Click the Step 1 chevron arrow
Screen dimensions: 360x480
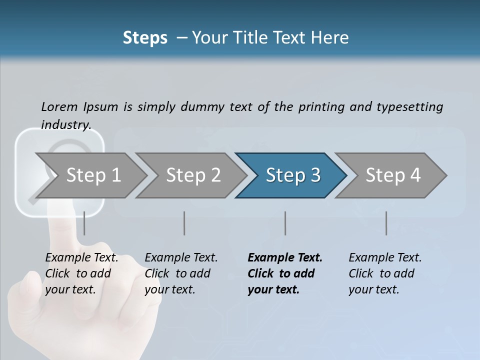92,175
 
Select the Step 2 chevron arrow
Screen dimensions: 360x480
192,175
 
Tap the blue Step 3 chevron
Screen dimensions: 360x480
292,175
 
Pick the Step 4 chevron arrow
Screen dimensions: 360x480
392,175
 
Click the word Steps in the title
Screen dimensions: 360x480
145,37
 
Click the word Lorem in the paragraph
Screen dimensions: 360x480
59,106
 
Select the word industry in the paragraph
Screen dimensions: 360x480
66,124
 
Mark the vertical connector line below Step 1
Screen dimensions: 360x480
84,223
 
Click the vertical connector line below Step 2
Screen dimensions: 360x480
184,223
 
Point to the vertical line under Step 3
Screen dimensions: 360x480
285,223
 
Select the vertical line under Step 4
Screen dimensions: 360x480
386,223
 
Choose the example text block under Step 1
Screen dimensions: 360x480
81,273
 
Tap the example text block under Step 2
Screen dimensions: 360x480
181,273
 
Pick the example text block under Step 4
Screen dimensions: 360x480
385,273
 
